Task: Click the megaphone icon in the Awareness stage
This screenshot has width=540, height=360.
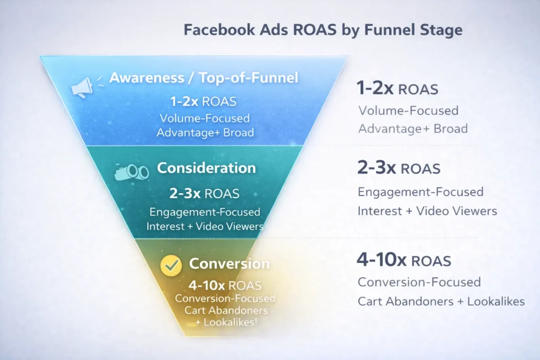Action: [82, 87]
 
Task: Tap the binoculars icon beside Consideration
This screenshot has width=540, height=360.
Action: [131, 171]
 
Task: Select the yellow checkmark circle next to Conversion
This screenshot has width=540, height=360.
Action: [171, 265]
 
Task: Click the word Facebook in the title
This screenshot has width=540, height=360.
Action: [219, 30]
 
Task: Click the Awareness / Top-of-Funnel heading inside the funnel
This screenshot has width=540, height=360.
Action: [204, 77]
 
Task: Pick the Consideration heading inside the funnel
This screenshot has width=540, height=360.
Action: [206, 168]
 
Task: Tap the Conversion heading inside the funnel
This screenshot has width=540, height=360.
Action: [229, 264]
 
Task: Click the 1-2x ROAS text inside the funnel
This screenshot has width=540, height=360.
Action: [203, 102]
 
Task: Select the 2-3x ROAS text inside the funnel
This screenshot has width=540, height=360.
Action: [204, 193]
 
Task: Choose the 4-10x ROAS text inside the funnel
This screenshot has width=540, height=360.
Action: [225, 285]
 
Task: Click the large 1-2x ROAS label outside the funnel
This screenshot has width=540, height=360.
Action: [398, 88]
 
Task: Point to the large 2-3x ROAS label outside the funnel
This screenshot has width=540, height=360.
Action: [399, 168]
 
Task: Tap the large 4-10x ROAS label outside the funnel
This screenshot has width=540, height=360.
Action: [404, 260]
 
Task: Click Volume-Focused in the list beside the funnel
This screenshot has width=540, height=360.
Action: [409, 111]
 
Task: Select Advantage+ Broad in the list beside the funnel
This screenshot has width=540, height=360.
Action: [413, 129]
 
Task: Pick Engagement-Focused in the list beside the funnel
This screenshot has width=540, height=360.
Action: [420, 192]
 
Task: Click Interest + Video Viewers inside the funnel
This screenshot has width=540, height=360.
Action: [205, 226]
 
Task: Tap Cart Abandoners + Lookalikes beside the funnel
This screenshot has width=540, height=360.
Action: [441, 301]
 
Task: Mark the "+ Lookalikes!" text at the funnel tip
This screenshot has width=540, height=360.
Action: [226, 323]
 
